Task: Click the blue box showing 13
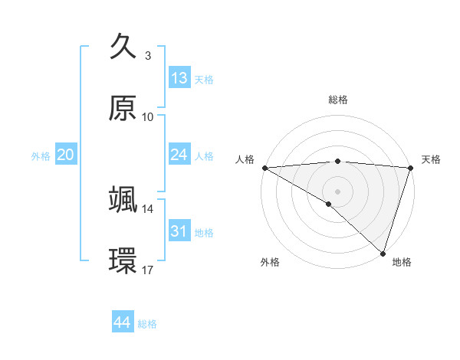(179, 78)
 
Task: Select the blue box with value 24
(179, 155)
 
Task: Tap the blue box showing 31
(179, 231)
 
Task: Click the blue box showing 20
(65, 155)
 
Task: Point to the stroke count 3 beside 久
(148, 55)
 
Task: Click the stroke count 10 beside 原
(148, 117)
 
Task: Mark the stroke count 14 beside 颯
(148, 208)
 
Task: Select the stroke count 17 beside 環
(148, 270)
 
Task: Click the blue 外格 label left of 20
(41, 155)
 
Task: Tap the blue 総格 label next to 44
(147, 323)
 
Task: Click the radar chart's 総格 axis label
(337, 100)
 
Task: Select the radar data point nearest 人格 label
(264, 167)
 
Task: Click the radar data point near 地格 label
(383, 254)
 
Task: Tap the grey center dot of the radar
(337, 191)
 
